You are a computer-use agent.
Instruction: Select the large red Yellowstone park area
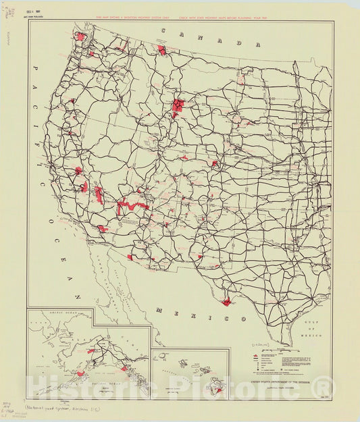pos(178,105)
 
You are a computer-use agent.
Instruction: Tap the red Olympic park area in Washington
pos(81,36)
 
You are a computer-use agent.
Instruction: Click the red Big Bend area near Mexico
pos(226,300)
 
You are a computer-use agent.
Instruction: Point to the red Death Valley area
pos(99,196)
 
